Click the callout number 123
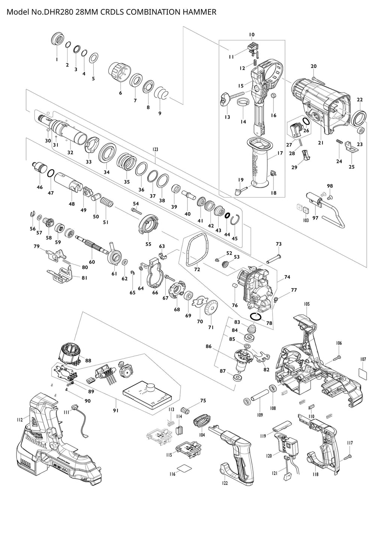155,149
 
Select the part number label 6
120,93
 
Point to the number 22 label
360,100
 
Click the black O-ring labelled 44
227,216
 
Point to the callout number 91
116,411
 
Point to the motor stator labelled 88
70,355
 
